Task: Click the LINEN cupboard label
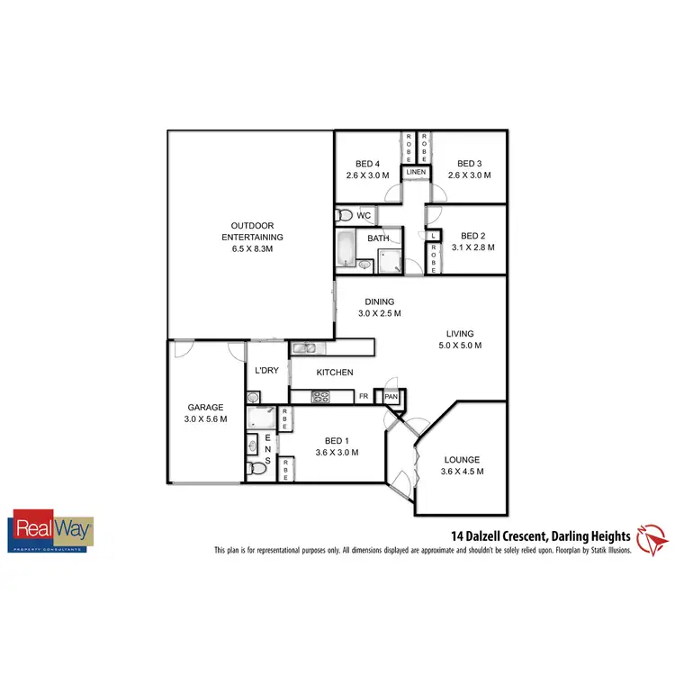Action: click(416, 171)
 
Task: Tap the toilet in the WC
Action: click(344, 216)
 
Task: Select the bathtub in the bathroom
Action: click(346, 250)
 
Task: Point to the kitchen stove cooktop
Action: click(321, 396)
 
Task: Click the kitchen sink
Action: click(304, 347)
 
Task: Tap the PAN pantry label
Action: click(391, 396)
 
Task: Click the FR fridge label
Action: click(364, 396)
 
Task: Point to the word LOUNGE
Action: click(462, 459)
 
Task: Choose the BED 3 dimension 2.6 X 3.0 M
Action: click(469, 175)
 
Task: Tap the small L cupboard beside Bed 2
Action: click(433, 236)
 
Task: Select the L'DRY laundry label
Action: click(265, 371)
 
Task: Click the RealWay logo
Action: click(51, 531)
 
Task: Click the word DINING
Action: click(379, 301)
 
